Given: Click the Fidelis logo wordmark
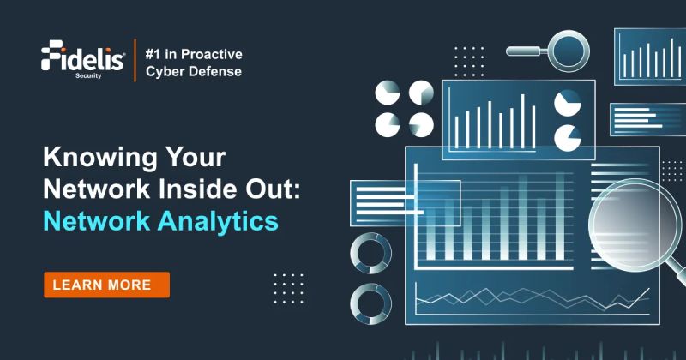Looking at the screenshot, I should [83, 57].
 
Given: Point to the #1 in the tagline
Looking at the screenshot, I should [158, 51].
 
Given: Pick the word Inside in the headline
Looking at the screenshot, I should [193, 190].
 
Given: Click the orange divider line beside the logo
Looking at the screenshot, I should [136, 60].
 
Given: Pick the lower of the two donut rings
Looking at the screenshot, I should [371, 303].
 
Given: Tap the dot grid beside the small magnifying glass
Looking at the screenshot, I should [469, 61].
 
